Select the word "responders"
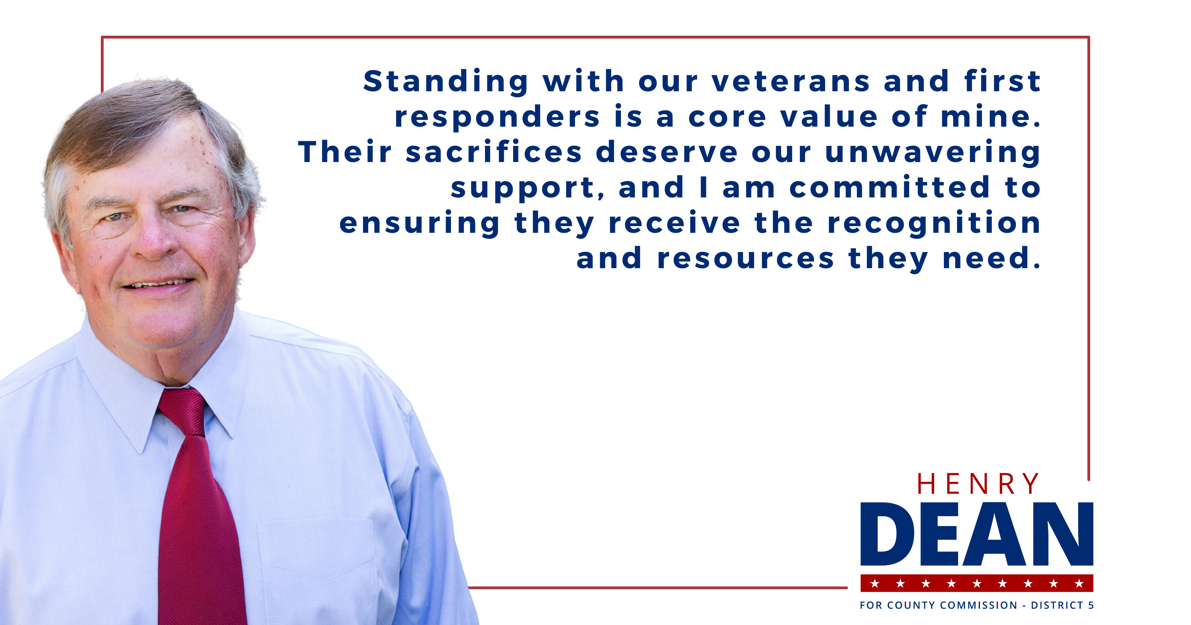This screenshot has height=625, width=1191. tap(497, 117)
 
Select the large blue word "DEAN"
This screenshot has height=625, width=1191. tap(977, 534)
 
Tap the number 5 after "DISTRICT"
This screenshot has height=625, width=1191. tap(1091, 605)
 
